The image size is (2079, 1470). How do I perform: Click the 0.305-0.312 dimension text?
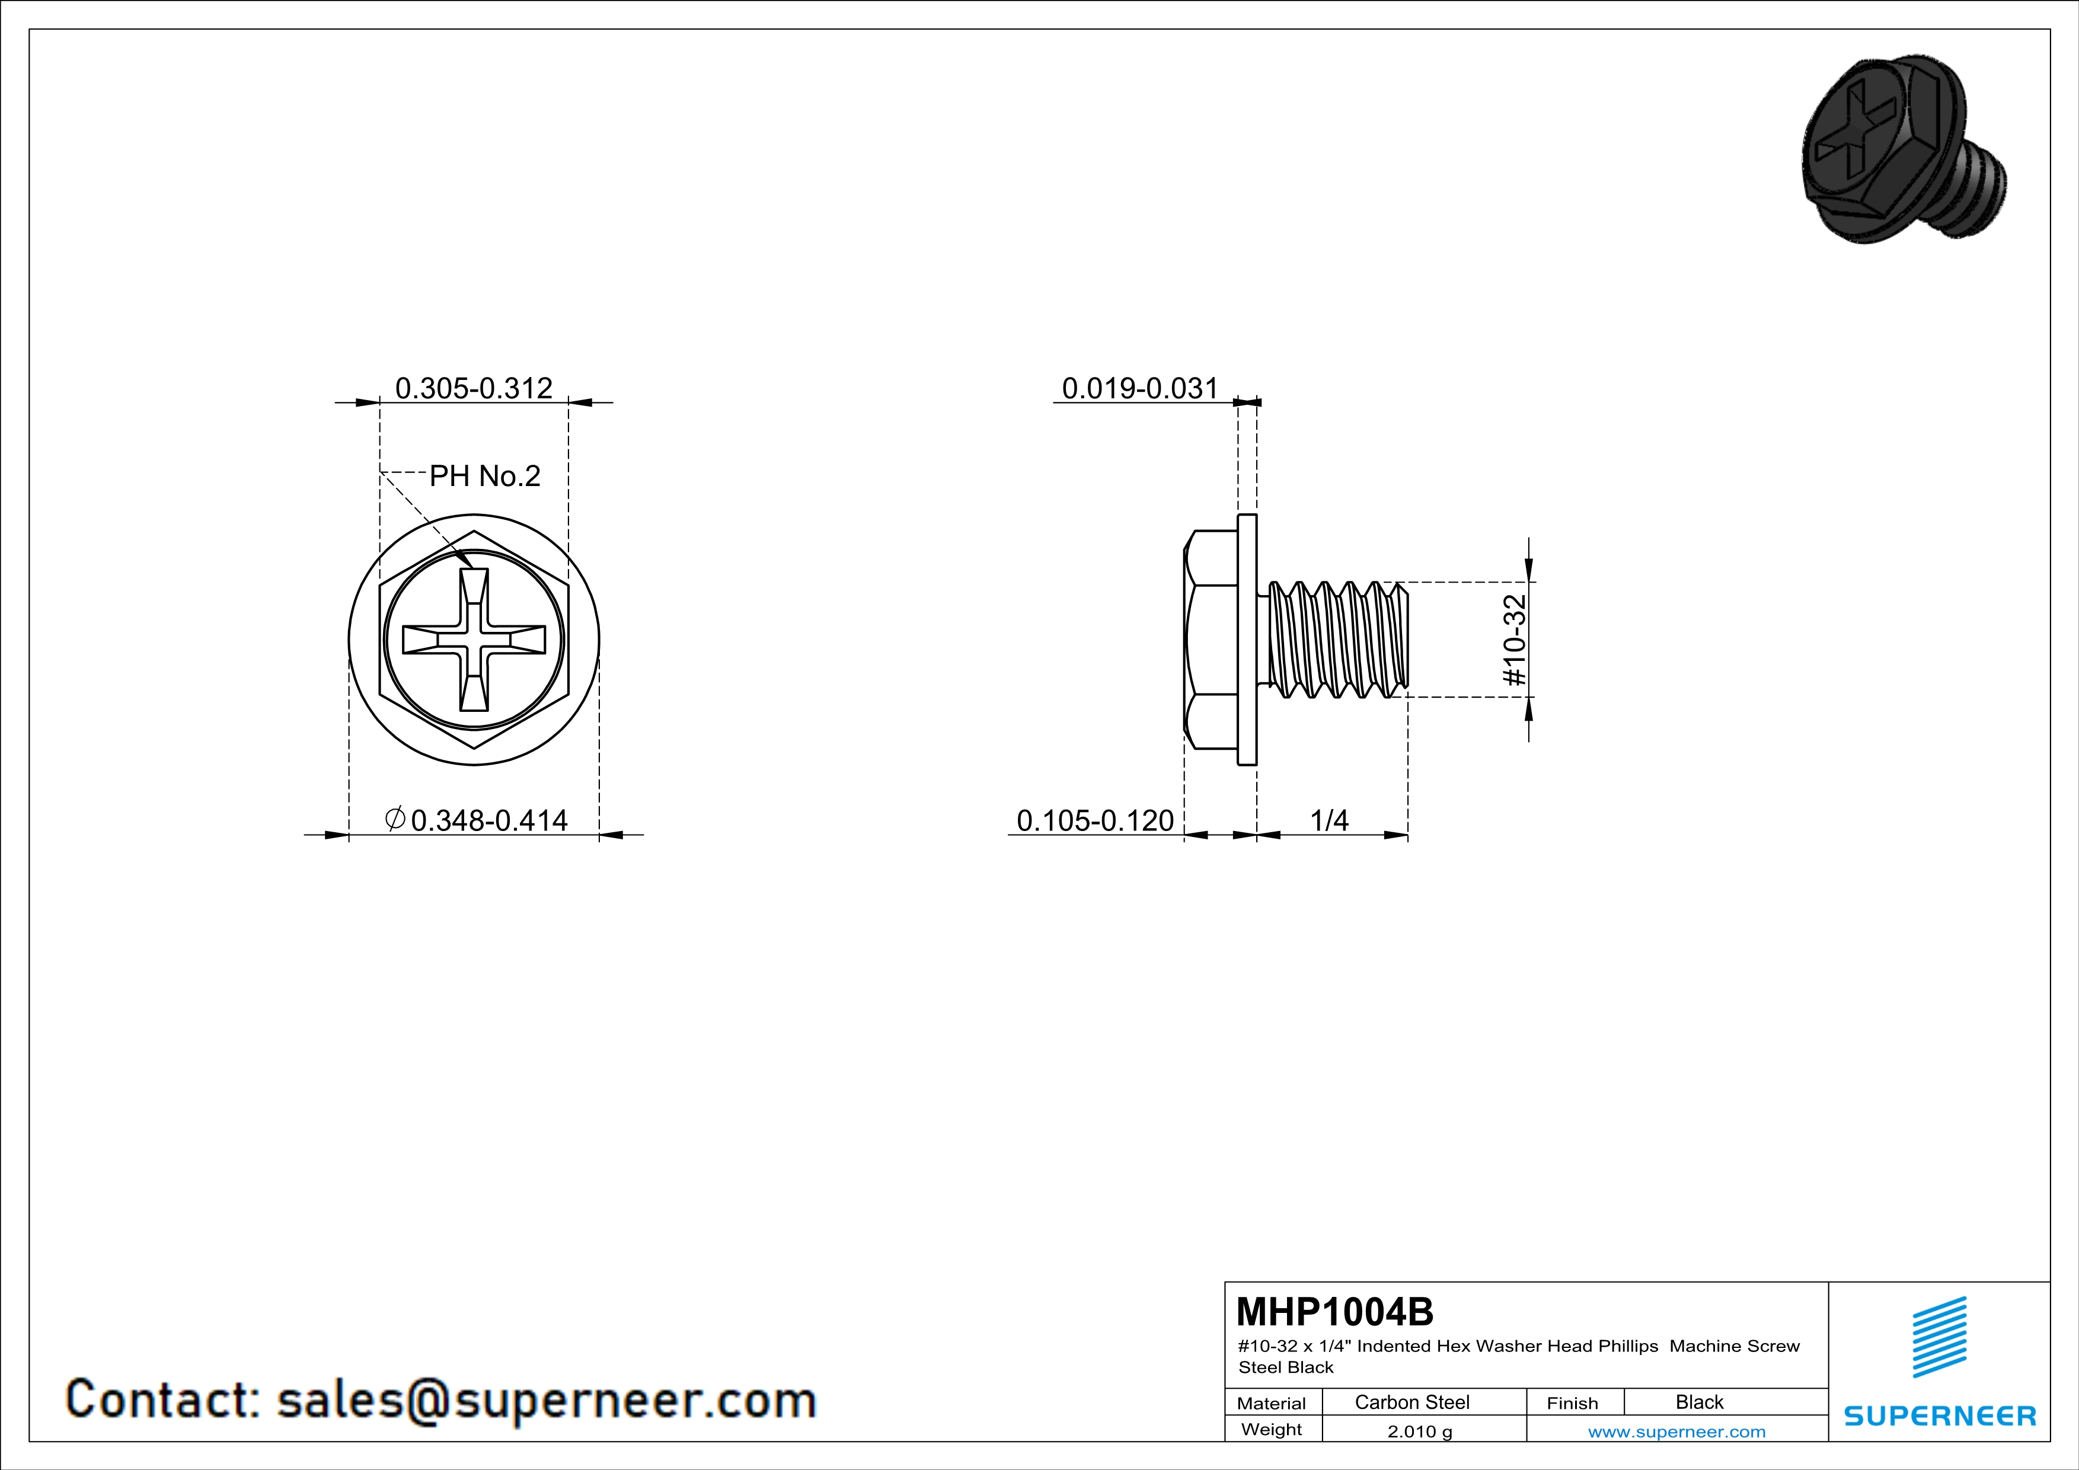(474, 388)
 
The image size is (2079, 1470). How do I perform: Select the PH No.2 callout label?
(484, 475)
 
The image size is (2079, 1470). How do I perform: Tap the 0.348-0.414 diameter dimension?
(489, 820)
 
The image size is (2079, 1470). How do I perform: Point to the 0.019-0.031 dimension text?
(1140, 388)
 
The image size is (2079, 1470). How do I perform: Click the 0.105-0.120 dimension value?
(1095, 820)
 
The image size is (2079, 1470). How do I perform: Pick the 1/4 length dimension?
(1329, 820)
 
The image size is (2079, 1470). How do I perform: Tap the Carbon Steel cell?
(1411, 1402)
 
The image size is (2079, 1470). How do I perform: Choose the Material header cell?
(1272, 1403)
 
